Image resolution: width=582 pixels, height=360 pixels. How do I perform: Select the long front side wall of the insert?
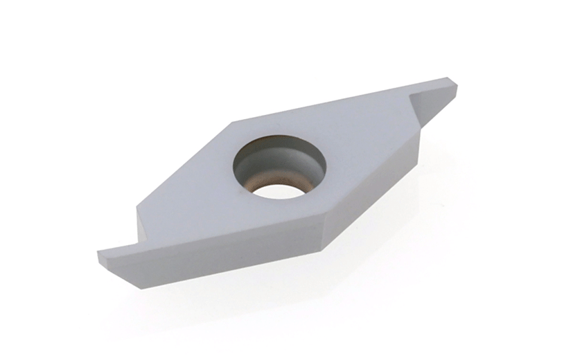tap(229, 253)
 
